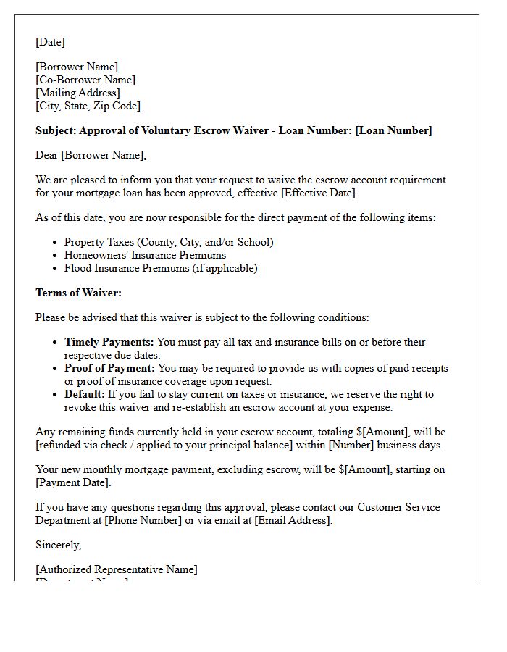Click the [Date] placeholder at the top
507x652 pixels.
50,42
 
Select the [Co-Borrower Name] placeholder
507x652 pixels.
85,80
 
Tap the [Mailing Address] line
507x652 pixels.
77,93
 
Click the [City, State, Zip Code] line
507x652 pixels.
88,106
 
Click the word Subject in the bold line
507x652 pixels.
55,130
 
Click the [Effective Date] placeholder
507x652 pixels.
318,193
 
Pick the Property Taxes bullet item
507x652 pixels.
169,242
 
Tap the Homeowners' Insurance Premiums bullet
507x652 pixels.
145,255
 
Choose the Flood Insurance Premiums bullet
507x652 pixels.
161,268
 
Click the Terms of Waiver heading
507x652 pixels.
78,293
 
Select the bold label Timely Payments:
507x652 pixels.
109,342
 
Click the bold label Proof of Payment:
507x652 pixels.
109,368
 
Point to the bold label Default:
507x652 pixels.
85,394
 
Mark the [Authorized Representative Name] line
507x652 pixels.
116,569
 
